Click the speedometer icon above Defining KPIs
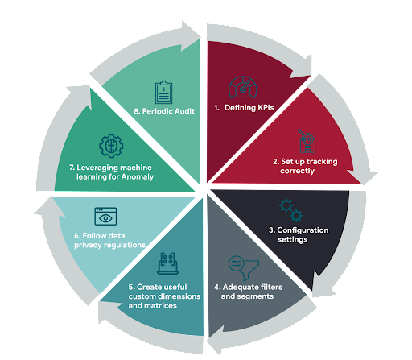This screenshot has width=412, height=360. [x=243, y=87]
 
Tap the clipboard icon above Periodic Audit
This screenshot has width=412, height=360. [x=163, y=92]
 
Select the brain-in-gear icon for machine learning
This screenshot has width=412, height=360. [x=111, y=146]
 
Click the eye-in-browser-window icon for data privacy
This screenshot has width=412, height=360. [x=105, y=216]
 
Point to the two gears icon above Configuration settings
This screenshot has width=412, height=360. [x=290, y=210]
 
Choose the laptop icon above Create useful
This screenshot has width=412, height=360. [x=167, y=263]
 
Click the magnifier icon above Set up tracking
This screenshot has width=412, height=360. [x=307, y=141]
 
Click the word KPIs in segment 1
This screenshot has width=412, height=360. [x=266, y=108]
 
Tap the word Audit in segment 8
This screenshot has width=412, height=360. [x=183, y=111]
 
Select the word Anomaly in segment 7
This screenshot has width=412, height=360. [x=138, y=177]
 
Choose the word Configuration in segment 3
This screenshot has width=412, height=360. [x=303, y=230]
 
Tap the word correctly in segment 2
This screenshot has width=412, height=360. [x=297, y=171]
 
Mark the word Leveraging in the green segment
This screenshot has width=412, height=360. [x=96, y=168]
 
